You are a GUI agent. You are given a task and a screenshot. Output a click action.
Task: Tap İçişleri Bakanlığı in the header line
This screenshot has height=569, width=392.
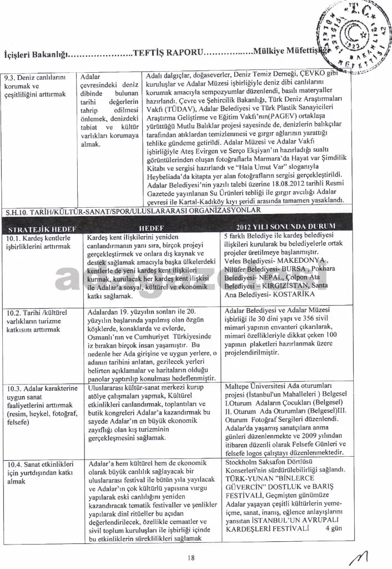pos(36,54)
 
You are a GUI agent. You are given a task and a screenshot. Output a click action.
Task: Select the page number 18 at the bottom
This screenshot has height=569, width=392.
pos(192,558)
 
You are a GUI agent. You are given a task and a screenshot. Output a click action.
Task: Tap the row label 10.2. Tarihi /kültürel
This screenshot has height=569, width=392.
pos(37,311)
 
